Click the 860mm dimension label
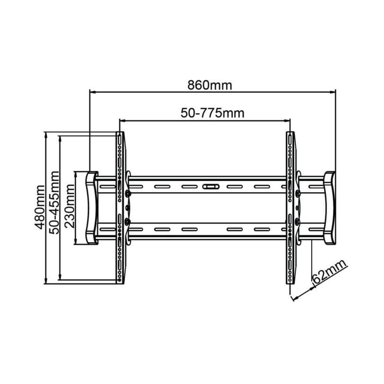point(210,85)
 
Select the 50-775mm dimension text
point(212,113)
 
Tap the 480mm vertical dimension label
point(39,207)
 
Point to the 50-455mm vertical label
point(54,203)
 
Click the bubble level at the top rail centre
point(211,187)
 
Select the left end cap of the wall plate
point(92,208)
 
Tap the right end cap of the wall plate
point(329,208)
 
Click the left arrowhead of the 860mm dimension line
point(93,92)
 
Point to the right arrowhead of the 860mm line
point(332,92)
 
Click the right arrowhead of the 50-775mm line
point(287,120)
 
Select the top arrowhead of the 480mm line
point(46,135)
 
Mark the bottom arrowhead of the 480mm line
point(46,281)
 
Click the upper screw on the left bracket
point(127,193)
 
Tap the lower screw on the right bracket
point(297,221)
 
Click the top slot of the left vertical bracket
point(119,140)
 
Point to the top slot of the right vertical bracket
point(290,140)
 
